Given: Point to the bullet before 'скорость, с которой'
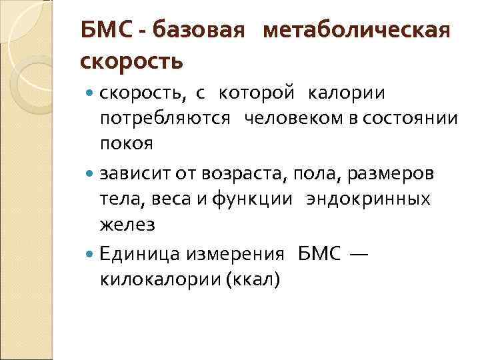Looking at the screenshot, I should pos(90,95).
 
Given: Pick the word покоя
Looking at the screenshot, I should pos(126,143).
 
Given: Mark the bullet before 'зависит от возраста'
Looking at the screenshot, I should pos(90,174).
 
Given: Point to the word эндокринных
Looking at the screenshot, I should pos(368,199).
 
